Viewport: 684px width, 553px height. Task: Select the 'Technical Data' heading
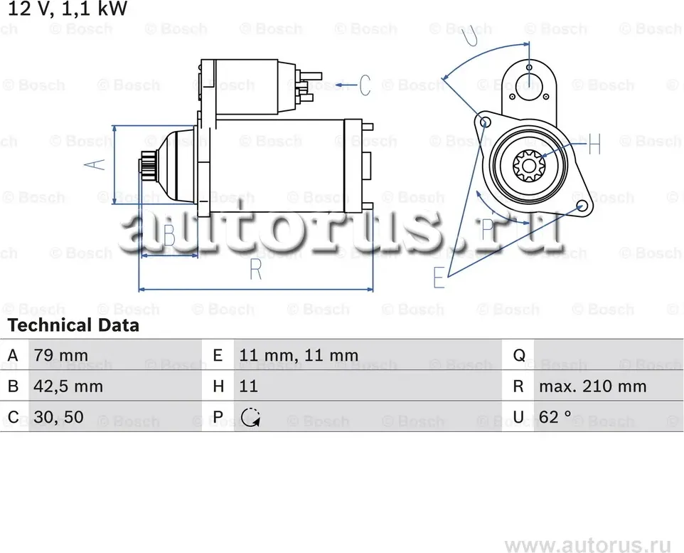(73, 326)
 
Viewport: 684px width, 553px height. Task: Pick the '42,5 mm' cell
(68, 387)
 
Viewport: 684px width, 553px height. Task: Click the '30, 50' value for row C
(59, 418)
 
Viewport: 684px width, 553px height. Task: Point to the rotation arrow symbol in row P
(250, 418)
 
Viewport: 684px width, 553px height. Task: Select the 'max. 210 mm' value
(592, 387)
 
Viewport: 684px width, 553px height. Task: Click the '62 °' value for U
(555, 418)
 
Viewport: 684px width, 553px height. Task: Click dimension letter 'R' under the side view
(256, 271)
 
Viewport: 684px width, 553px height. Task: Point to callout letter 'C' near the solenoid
(364, 85)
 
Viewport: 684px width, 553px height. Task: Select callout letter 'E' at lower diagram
(439, 278)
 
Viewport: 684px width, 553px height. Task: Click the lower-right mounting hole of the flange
(582, 206)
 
